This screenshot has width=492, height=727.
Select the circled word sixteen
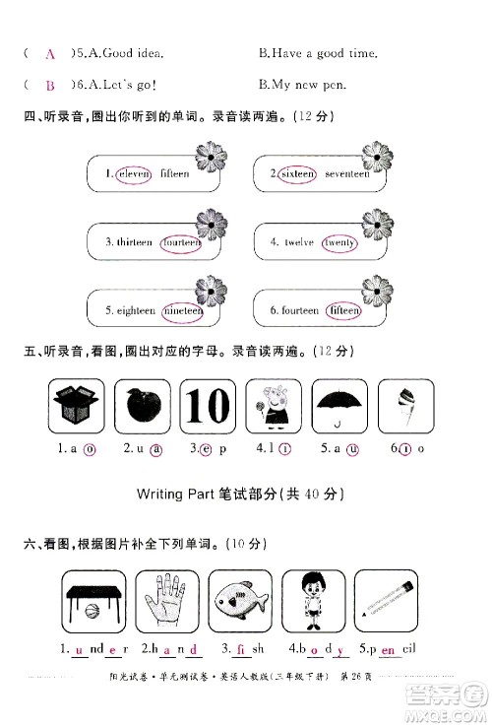click(x=296, y=173)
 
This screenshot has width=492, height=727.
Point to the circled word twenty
click(x=339, y=241)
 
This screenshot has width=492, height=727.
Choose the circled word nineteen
click(x=182, y=310)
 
